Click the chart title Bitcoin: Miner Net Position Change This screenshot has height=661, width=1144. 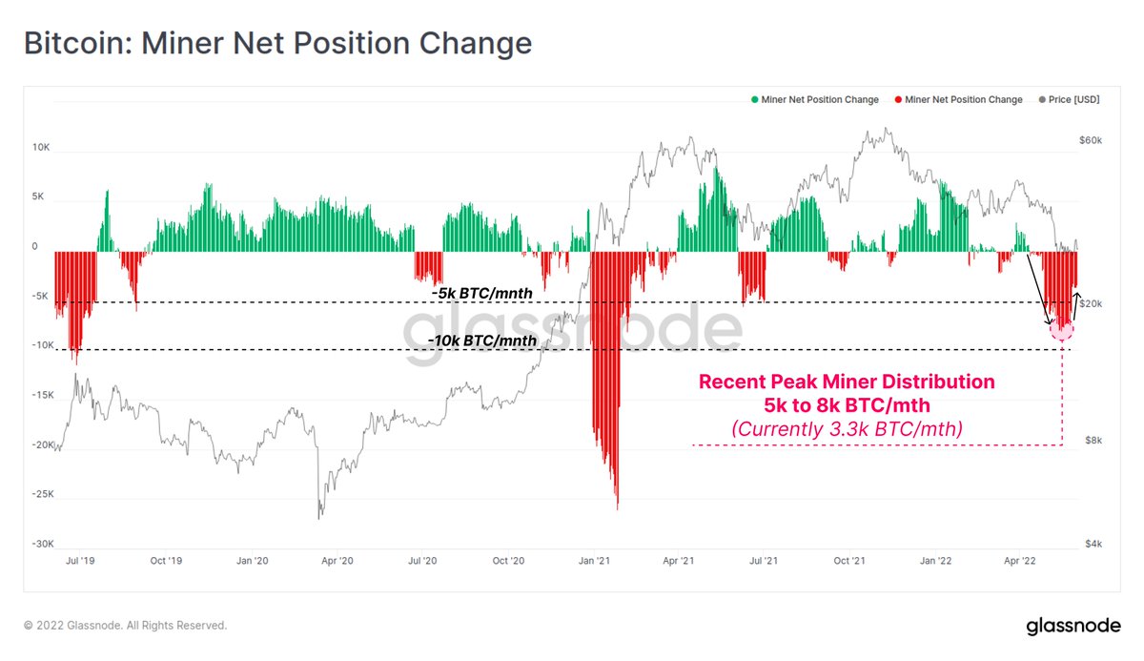coord(276,44)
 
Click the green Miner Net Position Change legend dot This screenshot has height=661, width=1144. coord(755,99)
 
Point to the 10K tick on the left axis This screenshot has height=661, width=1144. coord(41,148)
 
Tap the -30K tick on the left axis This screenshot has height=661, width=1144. coord(40,544)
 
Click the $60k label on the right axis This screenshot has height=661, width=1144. coord(1091,140)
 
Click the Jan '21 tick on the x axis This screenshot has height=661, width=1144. coord(595,562)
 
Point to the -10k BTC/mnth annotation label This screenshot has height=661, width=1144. coord(482,341)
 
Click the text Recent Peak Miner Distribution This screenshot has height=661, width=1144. coord(847,382)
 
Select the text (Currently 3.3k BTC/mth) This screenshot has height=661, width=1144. coord(847,429)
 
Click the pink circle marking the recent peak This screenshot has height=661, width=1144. coord(1062,330)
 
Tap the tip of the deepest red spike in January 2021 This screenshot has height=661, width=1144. coord(617,508)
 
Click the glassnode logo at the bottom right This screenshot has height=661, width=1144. coord(1072,627)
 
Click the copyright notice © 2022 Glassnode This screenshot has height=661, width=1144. coord(125,626)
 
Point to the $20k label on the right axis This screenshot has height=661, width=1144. coord(1091,304)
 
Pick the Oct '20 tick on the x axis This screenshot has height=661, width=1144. coord(509,562)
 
